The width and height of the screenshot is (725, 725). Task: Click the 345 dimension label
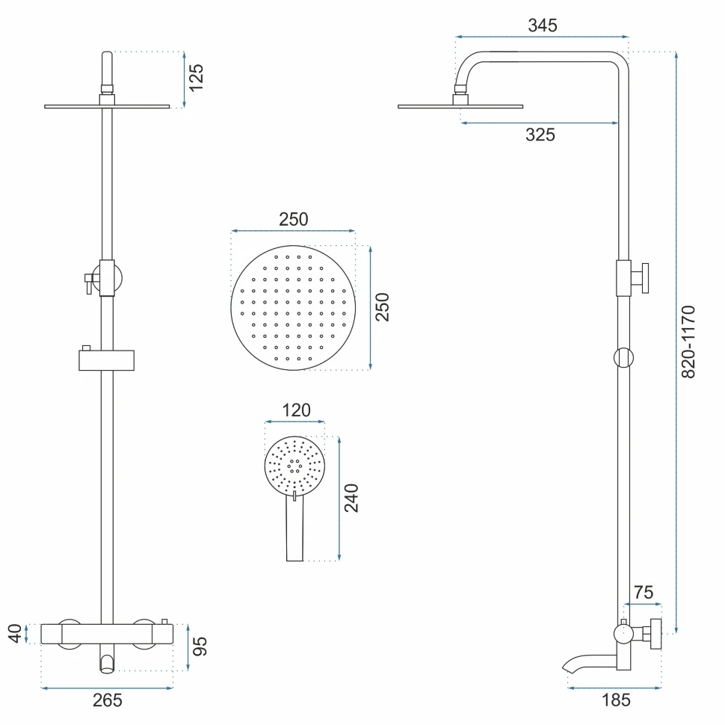click(543, 25)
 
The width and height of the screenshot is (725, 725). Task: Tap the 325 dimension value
click(540, 135)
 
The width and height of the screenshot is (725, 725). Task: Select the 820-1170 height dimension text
click(688, 342)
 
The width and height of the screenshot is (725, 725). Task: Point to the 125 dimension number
click(196, 77)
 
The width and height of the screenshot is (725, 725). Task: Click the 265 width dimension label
click(108, 700)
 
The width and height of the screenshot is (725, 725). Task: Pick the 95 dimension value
click(200, 646)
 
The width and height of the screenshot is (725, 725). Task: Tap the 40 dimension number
click(15, 633)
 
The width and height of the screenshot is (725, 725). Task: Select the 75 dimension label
click(644, 592)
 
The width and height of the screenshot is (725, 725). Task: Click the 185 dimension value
click(616, 700)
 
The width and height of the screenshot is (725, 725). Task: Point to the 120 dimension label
click(297, 410)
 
